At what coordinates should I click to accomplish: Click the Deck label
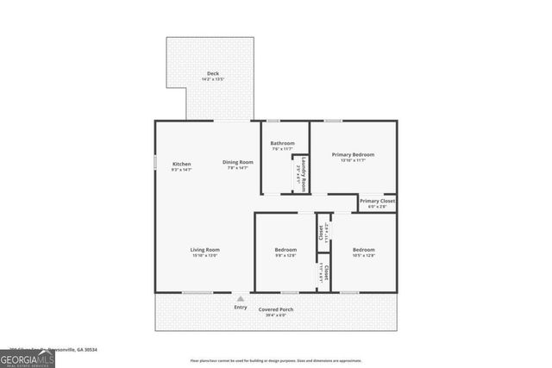tap(212, 73)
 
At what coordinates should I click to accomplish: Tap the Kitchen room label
tap(181, 164)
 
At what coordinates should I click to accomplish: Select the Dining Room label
tap(238, 162)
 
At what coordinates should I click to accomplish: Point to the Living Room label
tap(204, 250)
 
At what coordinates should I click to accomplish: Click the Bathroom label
tap(282, 143)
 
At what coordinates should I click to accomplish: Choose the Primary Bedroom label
tap(353, 154)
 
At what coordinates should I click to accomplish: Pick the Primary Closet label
tap(377, 201)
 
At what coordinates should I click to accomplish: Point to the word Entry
tap(241, 308)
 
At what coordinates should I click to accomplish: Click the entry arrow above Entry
tap(241, 298)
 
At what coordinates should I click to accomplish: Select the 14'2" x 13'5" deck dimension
tap(212, 79)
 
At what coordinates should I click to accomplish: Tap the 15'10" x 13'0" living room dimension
tap(204, 256)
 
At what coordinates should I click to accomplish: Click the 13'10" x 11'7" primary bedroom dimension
tap(353, 160)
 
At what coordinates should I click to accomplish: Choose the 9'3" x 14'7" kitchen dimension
tap(181, 170)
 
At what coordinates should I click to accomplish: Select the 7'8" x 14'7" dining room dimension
tap(238, 168)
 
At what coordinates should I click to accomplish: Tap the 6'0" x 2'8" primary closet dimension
tap(377, 207)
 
